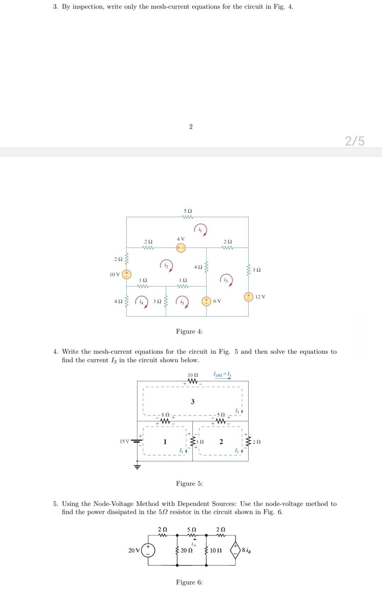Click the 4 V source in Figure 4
click(x=181, y=248)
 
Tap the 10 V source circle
click(x=126, y=274)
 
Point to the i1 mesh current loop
click(x=201, y=230)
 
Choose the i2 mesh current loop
click(x=167, y=266)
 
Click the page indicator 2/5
click(x=354, y=141)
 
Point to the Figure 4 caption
click(x=189, y=332)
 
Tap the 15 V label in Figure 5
click(x=125, y=441)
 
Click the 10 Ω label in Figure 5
click(x=193, y=375)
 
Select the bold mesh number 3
click(x=192, y=401)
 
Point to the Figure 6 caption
click(x=189, y=582)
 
